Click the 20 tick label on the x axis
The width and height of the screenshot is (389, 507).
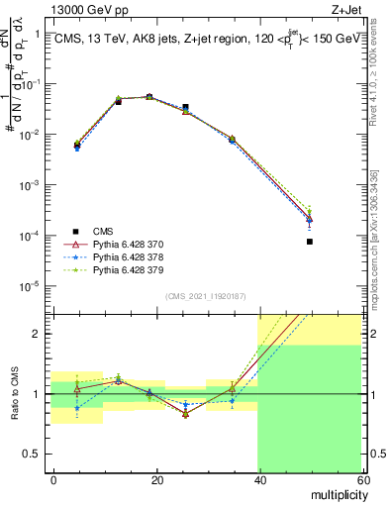(156, 479)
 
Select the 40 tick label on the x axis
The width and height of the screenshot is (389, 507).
(259, 479)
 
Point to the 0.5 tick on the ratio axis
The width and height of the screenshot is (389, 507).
(32, 455)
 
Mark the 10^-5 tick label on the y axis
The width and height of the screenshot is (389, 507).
(30, 287)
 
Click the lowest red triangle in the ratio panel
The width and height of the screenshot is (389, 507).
(185, 414)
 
